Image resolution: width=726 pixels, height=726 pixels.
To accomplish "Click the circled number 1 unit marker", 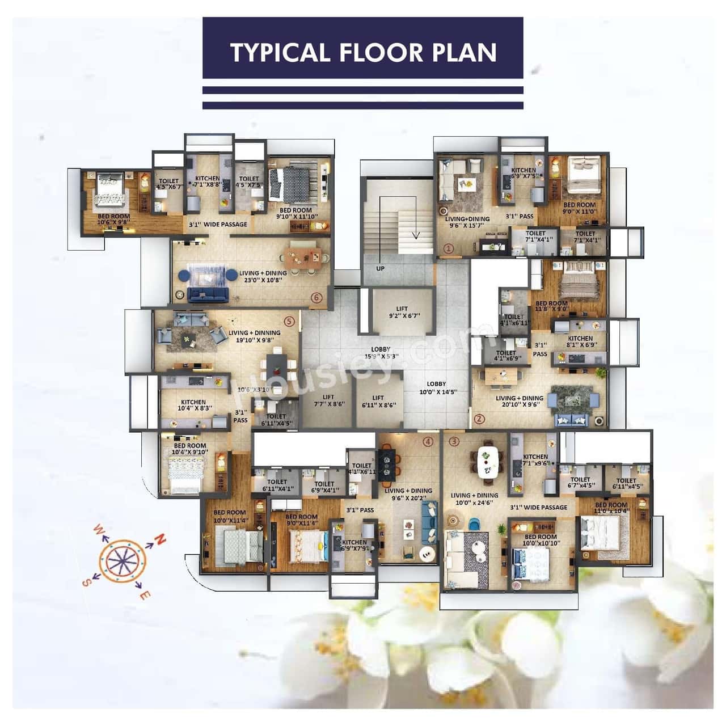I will click(x=448, y=248).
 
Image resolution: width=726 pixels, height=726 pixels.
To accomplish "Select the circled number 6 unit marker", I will click(x=316, y=297).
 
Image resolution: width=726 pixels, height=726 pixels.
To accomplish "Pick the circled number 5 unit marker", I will click(x=290, y=321).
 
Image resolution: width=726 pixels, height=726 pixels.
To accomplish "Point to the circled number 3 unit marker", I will click(x=454, y=441).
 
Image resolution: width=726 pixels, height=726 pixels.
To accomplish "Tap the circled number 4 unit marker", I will click(x=428, y=441).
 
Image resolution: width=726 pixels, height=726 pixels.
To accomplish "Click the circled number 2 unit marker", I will click(x=479, y=420).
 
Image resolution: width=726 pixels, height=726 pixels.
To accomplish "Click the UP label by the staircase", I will click(x=380, y=268).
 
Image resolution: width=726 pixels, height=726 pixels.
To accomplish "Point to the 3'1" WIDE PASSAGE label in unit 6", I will click(x=218, y=224).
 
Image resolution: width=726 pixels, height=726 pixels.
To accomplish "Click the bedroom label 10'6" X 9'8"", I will click(x=114, y=220).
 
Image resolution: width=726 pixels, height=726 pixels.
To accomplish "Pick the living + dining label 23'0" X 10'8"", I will click(x=263, y=276).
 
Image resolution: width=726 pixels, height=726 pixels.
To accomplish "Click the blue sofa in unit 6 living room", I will click(x=208, y=294).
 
